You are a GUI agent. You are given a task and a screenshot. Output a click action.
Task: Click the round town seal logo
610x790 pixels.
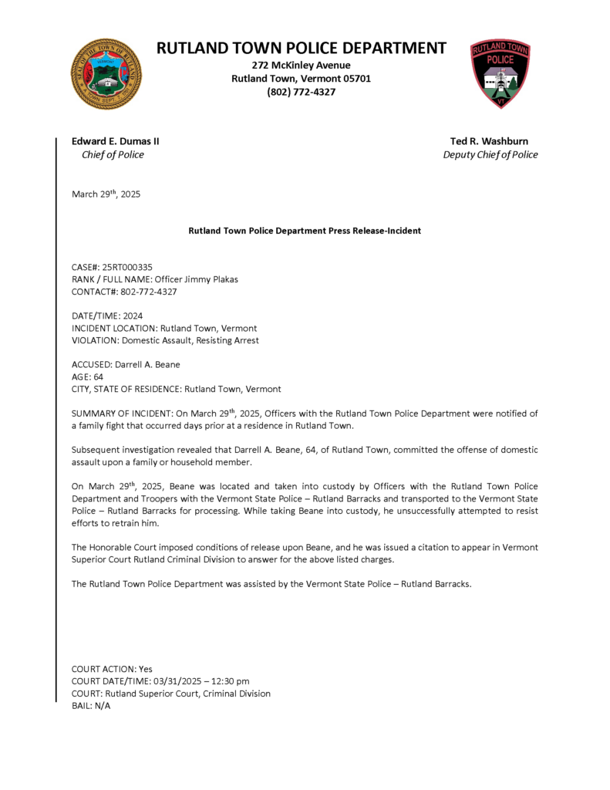106,74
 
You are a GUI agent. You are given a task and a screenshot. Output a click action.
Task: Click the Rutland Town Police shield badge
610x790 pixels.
500,73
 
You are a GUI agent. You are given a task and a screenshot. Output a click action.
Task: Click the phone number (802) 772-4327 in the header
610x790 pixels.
301,92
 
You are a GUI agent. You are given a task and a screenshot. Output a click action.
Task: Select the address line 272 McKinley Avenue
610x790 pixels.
301,65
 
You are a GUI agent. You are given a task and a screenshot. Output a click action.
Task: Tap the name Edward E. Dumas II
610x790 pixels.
116,141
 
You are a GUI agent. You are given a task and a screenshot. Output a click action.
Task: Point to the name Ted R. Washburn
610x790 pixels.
489,141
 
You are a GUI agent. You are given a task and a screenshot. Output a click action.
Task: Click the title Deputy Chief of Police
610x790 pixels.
490,154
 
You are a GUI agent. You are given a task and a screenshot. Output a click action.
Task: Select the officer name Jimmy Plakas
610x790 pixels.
210,279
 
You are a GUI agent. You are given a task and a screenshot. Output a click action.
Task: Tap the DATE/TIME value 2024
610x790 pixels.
133,316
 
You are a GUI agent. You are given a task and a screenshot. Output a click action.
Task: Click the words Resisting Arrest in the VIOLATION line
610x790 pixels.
228,340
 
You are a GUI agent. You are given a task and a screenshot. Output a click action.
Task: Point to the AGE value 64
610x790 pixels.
98,376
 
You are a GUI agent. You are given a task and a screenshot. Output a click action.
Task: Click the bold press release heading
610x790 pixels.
305,231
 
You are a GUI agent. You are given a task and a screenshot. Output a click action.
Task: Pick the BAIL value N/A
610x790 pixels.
102,706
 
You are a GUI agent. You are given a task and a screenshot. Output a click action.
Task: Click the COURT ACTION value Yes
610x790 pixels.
145,669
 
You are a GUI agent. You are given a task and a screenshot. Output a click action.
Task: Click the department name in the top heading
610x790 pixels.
301,48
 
